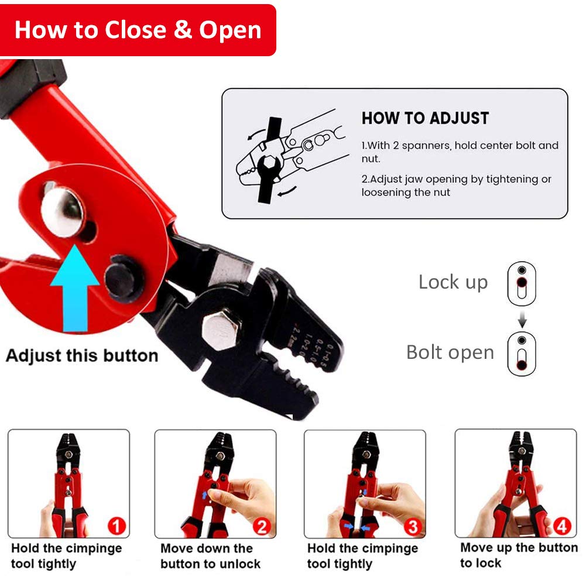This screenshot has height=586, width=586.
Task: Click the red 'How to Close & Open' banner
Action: (x=138, y=30)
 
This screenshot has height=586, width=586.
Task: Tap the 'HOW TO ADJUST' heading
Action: (x=425, y=118)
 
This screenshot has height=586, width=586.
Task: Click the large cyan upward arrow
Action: (x=75, y=289)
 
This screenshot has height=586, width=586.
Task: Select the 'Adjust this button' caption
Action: (x=82, y=355)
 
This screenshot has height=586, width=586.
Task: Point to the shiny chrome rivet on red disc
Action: (x=62, y=211)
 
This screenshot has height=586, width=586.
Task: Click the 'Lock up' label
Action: (x=453, y=283)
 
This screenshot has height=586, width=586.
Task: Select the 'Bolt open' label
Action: (x=450, y=352)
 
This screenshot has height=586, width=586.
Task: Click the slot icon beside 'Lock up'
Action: (x=522, y=283)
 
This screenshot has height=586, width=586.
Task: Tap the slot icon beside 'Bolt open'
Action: (x=522, y=354)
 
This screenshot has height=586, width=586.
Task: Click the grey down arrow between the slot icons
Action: (x=522, y=319)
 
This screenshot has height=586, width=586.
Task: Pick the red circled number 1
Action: (x=116, y=526)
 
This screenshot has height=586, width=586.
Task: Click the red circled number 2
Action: (x=262, y=526)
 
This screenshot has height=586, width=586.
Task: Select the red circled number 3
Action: (x=413, y=526)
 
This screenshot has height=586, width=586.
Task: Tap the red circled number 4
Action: (x=562, y=526)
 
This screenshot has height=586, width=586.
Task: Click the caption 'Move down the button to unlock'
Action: (x=210, y=556)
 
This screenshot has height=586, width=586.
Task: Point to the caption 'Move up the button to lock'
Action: (x=519, y=555)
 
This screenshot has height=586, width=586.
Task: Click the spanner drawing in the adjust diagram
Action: (x=269, y=161)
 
